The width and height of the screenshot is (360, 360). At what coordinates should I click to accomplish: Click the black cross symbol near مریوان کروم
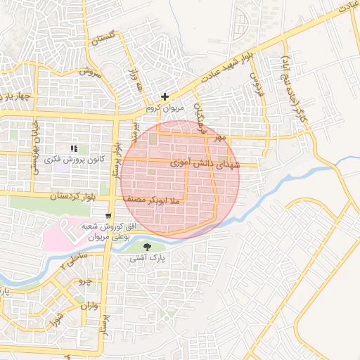[165, 96]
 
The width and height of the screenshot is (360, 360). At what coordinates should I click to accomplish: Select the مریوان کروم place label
[164, 108]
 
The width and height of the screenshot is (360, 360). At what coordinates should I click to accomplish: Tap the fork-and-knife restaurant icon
[74, 148]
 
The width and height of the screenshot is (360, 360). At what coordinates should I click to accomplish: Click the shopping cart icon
[108, 216]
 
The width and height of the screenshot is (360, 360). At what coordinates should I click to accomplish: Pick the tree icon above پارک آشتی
[147, 247]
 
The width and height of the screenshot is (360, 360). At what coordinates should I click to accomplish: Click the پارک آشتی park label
[147, 259]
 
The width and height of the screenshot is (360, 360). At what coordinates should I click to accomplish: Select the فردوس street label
[257, 82]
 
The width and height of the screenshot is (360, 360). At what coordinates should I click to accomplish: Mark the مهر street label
[221, 137]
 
